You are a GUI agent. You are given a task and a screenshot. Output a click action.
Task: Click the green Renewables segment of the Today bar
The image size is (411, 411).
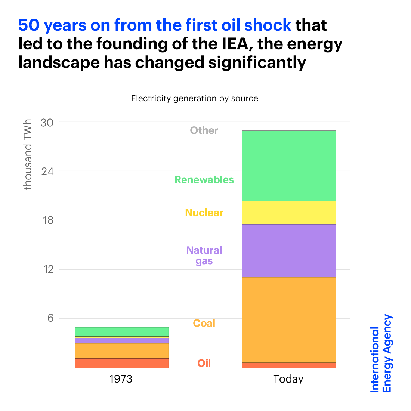point(289,166)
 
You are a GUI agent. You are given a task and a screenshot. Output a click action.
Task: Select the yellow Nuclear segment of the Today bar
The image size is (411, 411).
point(289,213)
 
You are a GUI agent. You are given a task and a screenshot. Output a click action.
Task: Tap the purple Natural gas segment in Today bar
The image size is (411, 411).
point(289,250)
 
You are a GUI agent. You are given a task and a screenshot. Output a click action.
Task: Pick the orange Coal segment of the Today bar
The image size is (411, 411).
point(289,319)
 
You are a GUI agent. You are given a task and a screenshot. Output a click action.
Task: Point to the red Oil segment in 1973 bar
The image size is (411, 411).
point(121,363)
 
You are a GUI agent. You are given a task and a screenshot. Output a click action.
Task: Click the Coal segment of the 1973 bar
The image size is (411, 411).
point(121,350)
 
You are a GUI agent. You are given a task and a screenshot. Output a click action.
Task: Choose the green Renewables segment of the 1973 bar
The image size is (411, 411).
point(121,332)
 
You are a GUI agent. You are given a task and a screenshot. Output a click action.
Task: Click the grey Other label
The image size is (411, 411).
point(204,130)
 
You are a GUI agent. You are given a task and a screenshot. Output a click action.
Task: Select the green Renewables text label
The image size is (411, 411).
point(204,180)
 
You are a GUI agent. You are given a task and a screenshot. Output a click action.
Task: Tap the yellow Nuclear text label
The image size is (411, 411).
point(204,213)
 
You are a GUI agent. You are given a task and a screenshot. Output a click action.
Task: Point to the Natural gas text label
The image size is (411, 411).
point(204,255)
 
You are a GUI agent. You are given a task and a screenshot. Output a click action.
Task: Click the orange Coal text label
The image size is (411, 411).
point(204,323)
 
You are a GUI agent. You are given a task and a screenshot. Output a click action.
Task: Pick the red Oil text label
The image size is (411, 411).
point(204,363)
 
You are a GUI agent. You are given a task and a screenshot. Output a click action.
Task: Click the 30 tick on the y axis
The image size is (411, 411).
point(47,122)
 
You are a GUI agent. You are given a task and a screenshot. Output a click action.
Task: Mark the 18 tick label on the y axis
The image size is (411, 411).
point(47,220)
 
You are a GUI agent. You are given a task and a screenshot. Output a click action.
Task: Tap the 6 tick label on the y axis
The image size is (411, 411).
point(50,318)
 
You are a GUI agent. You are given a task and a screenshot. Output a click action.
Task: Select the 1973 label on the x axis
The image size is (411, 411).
point(121,379)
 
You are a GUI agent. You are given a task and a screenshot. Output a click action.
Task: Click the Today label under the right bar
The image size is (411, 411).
point(288,379)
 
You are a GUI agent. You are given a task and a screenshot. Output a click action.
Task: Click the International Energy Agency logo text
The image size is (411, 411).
point(381,353)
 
